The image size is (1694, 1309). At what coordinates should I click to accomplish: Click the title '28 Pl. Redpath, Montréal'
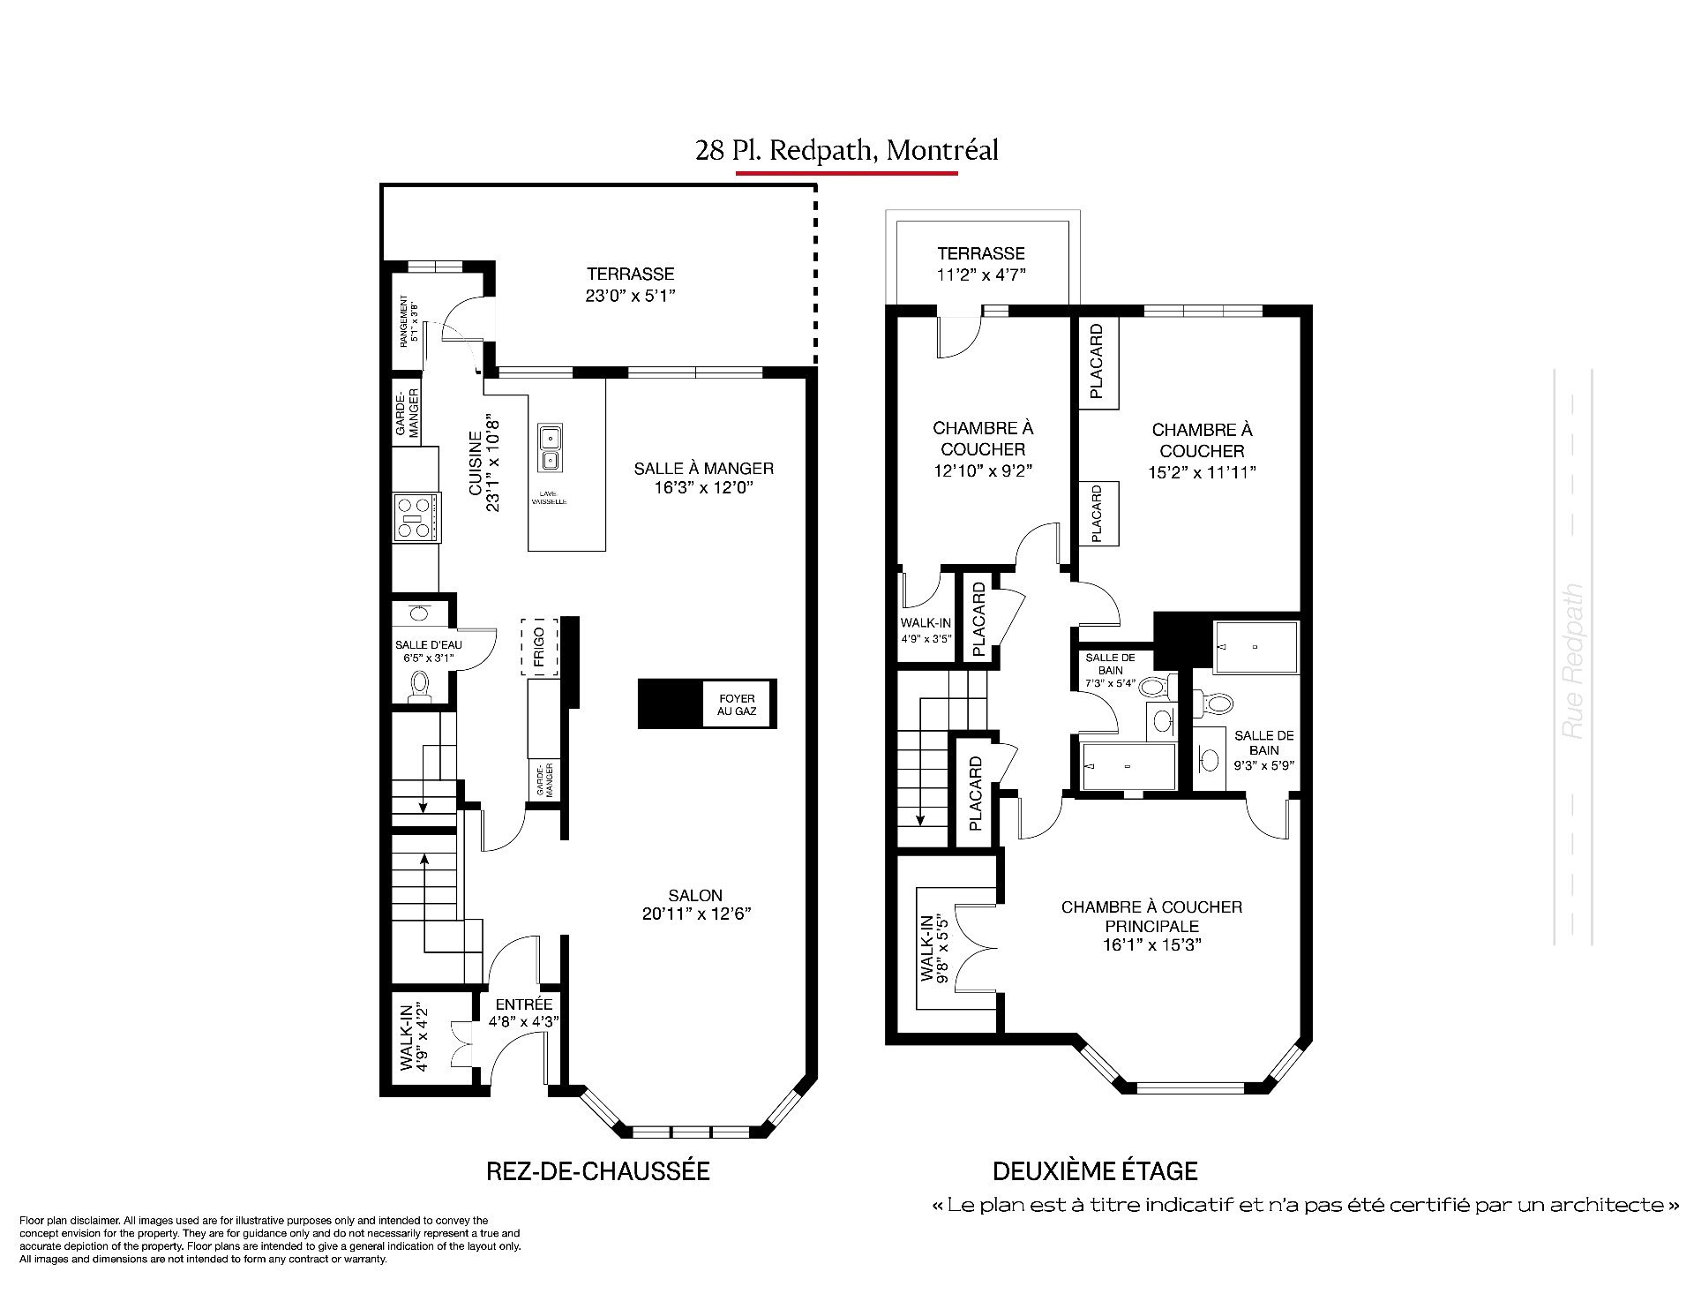(x=847, y=151)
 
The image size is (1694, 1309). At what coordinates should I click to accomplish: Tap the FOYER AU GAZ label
(x=737, y=704)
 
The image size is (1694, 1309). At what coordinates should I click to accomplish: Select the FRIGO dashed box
(x=539, y=647)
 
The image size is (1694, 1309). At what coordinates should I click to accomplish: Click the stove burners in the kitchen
(x=416, y=517)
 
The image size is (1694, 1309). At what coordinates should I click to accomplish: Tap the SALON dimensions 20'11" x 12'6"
(x=697, y=914)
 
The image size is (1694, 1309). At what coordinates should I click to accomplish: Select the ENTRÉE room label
(x=524, y=1004)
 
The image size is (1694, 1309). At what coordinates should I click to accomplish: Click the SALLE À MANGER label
(x=703, y=469)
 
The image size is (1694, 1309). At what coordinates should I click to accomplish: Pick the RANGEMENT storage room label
(x=409, y=321)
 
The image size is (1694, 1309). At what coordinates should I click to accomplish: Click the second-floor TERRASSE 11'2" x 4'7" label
(x=981, y=263)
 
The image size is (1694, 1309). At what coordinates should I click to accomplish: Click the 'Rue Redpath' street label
(x=1572, y=661)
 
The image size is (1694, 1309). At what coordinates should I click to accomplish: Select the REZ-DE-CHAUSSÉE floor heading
(x=598, y=1171)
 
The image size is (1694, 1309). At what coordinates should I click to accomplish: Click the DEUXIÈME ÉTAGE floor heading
(x=1095, y=1171)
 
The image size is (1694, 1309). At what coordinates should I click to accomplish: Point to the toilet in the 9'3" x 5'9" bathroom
(x=1216, y=703)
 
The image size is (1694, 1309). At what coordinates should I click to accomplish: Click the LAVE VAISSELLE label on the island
(x=548, y=498)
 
